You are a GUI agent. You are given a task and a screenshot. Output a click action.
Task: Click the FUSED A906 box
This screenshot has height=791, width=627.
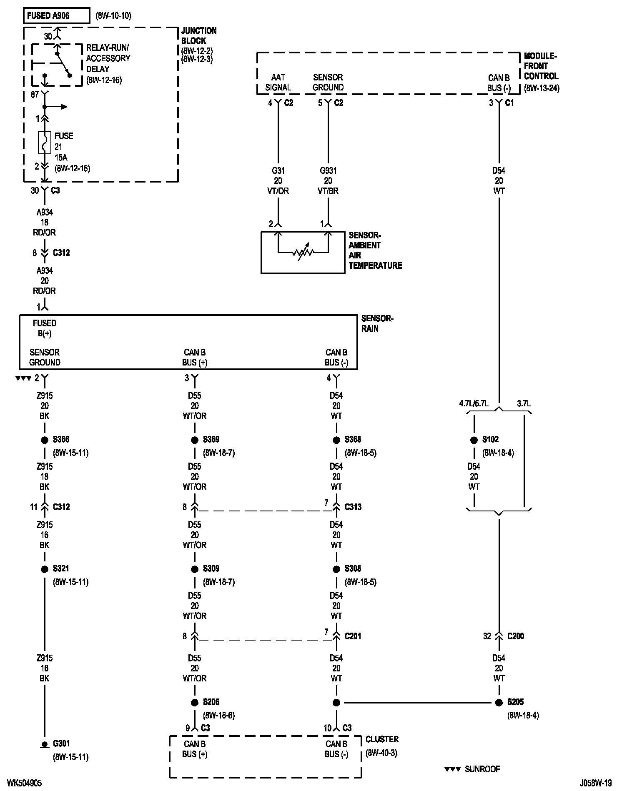[56, 16]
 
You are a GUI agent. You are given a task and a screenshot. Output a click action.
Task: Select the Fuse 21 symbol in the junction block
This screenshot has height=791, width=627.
[45, 143]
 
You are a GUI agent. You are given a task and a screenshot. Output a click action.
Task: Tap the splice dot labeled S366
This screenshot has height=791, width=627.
[45, 440]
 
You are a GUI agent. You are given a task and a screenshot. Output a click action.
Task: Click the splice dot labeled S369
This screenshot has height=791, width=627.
[195, 440]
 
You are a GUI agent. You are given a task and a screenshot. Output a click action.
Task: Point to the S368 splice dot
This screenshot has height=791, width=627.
[336, 440]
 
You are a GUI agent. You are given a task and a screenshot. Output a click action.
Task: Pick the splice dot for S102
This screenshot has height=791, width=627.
[474, 440]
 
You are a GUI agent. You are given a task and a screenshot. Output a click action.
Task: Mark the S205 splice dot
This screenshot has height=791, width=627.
[499, 703]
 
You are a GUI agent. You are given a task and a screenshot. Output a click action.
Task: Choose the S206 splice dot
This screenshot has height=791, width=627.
[195, 703]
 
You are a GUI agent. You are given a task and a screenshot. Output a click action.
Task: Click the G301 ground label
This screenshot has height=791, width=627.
[62, 743]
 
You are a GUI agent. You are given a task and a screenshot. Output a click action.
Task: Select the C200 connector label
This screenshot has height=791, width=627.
[516, 636]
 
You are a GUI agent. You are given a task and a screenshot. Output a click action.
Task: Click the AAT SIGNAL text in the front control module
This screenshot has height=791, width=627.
[278, 82]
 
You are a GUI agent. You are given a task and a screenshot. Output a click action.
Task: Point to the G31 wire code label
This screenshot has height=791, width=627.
[278, 170]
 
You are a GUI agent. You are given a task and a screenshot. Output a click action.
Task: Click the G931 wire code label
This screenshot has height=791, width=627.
[328, 170]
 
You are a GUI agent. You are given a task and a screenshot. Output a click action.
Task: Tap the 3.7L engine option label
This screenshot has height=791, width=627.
[524, 403]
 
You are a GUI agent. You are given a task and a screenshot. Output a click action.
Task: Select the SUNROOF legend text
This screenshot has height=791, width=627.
[482, 769]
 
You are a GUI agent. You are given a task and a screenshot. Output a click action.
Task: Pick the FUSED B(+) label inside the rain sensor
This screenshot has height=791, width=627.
[45, 328]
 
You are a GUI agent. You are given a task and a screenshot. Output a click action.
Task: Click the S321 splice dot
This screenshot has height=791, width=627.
[45, 569]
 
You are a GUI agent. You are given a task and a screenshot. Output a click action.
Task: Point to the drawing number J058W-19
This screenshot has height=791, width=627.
[595, 783]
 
